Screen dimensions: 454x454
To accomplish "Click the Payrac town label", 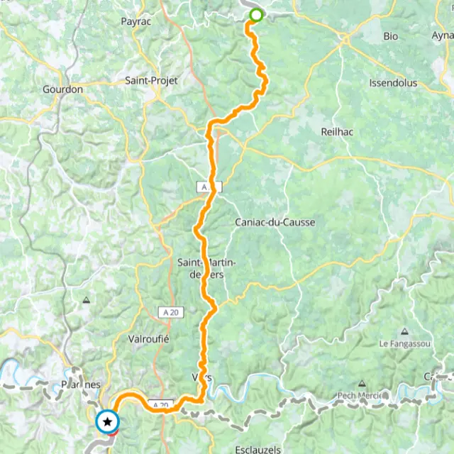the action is point(135,22).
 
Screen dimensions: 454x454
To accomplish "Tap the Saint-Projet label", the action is point(151,81).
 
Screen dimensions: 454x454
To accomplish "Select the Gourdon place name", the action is point(62,89).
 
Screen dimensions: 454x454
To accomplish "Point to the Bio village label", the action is point(391,35).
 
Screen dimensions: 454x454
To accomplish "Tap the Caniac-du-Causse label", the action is point(275,222).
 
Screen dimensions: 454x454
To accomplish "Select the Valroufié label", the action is point(148,339).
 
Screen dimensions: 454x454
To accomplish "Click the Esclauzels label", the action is point(260,449).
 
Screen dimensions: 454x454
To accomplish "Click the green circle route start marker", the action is point(255,15).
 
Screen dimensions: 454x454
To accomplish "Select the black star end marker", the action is point(107,422).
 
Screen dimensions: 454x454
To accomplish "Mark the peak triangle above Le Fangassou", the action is point(404,331).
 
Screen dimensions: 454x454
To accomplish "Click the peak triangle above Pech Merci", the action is point(362,382).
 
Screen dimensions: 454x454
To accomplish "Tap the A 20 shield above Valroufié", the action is point(165,311).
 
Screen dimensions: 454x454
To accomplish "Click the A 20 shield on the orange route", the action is point(162,405).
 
